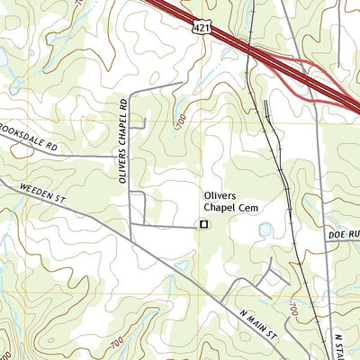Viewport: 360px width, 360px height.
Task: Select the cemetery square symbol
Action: point(203,223)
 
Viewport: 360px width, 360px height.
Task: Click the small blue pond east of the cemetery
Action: point(265,230)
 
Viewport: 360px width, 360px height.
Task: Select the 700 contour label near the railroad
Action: point(293,310)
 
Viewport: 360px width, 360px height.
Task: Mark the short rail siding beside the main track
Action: point(268,112)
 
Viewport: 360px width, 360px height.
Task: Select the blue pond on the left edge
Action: point(3,58)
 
